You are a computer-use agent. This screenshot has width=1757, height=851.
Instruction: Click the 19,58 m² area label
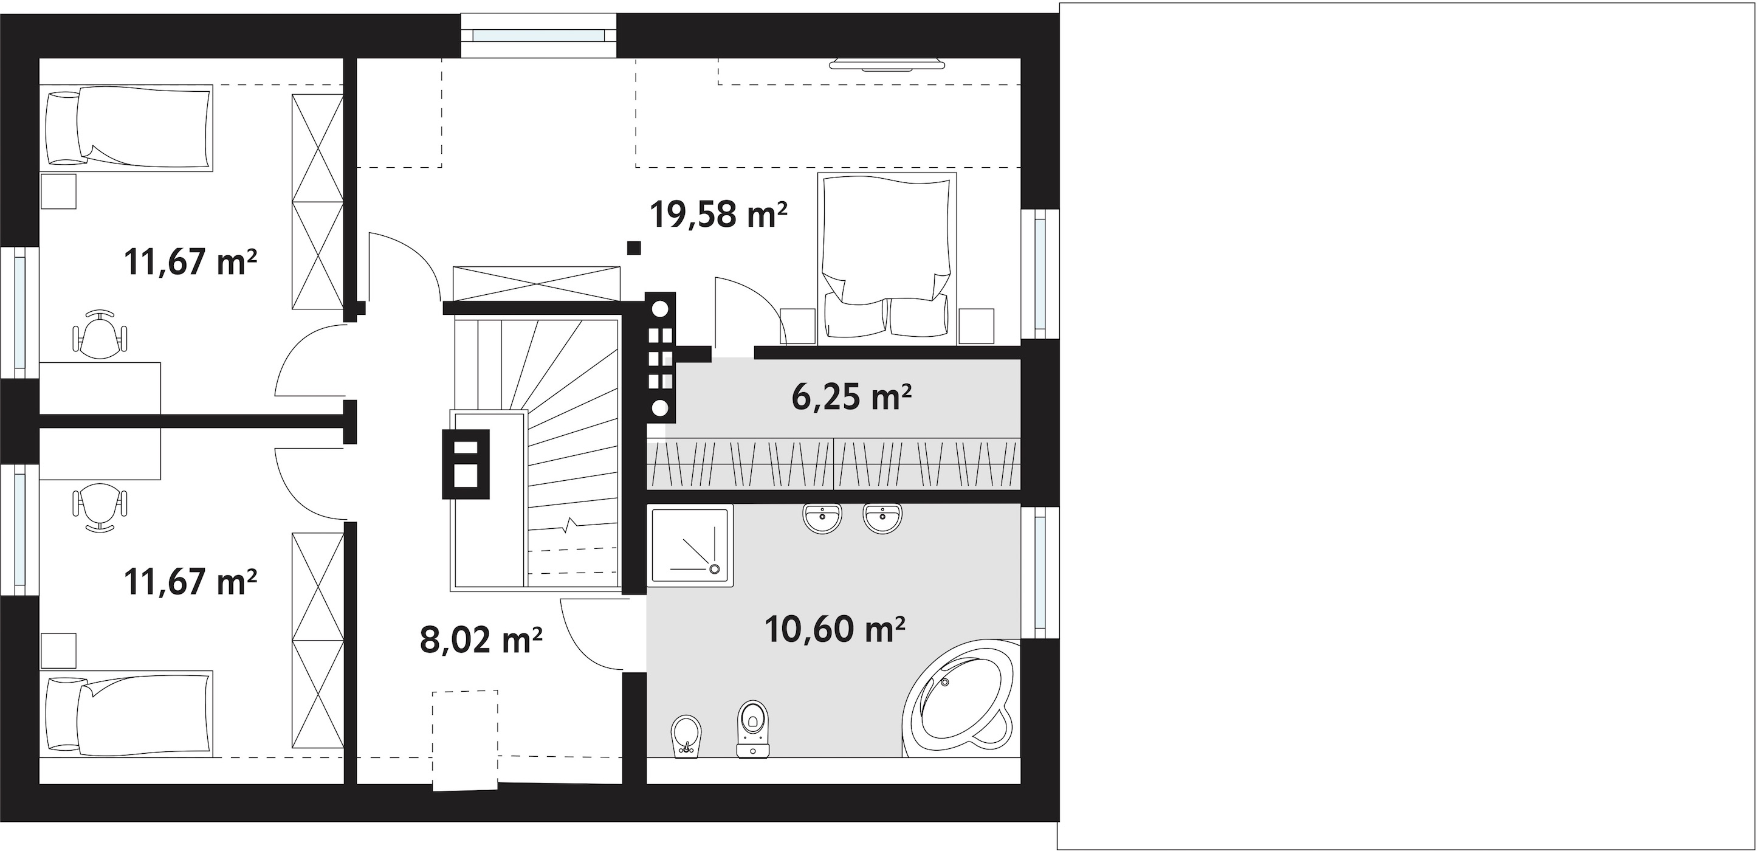pos(718,213)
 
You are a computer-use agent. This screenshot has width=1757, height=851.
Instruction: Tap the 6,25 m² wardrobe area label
pos(851,396)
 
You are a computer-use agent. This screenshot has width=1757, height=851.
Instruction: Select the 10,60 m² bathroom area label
pos(835,629)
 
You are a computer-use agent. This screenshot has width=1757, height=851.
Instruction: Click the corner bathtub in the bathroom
pos(960,698)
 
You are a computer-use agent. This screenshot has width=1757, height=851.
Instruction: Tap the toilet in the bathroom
pos(753,728)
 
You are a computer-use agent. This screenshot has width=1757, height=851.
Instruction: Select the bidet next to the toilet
pos(686,736)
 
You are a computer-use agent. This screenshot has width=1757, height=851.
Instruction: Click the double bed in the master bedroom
pos(887,257)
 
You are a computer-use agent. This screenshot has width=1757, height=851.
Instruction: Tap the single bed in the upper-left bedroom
pos(127,128)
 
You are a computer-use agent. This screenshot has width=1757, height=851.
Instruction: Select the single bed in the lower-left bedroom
pos(127,713)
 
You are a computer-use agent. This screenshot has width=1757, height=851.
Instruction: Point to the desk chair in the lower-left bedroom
pos(100,506)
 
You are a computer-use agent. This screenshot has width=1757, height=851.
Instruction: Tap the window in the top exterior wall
pos(539,35)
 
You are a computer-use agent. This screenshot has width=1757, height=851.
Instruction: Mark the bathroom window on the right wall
pos(1040,573)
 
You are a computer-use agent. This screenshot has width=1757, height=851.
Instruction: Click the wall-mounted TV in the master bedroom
pos(887,64)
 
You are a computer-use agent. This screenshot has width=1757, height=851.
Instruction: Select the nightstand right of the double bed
pos(976,326)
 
